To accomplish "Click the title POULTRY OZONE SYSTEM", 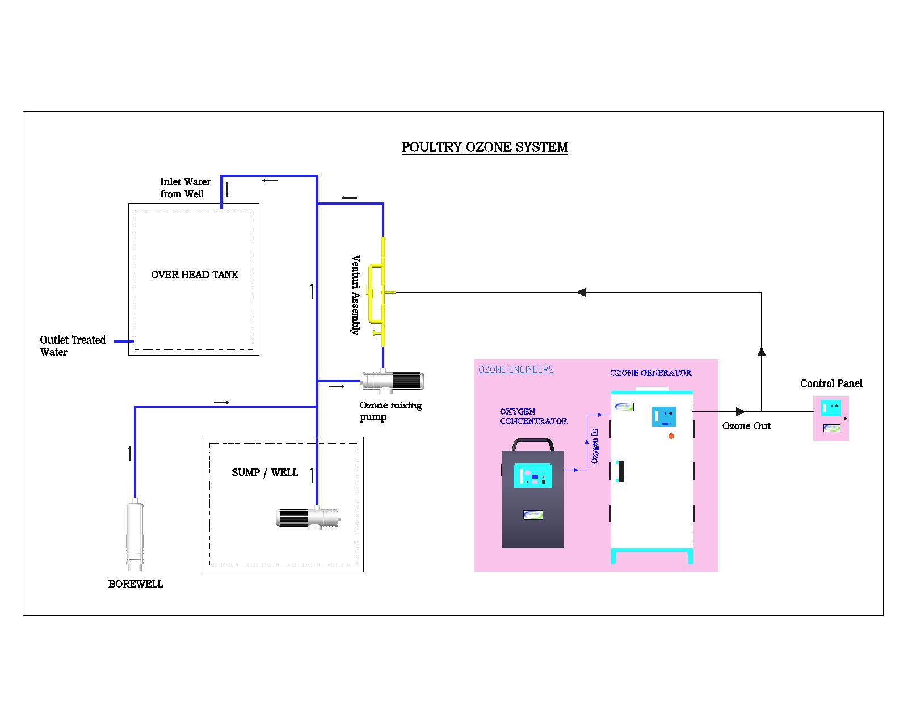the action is pos(485,147).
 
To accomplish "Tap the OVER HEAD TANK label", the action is pos(195,275).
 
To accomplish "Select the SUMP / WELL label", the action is pos(264,472).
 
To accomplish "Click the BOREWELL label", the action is pos(136,584).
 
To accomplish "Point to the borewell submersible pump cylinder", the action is pos(135,535).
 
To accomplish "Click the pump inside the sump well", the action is pos(308,517).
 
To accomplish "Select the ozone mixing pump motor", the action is pos(392,380).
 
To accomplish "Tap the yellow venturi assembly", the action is pos(379,291).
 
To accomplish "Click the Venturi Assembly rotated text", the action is pos(356,294).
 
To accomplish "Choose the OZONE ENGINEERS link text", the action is pos(516,370).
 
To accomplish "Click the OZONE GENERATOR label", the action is pos(650,373).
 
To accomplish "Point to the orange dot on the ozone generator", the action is pos(671,436).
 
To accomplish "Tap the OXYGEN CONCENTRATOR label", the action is pos(533,416).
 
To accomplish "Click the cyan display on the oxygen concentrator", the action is pos(532,475).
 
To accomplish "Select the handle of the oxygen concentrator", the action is pos(533,444).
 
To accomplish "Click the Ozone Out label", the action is pos(746,425).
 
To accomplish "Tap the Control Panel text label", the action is pos(831,383).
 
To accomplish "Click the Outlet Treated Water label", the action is pos(73,345).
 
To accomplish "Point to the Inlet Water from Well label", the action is pos(185,188).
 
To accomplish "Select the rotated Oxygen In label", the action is pos(595,446).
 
